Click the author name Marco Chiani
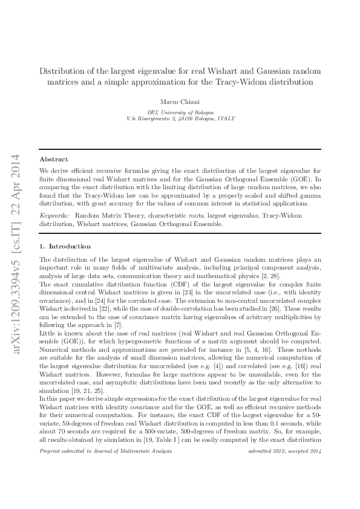point(180,101)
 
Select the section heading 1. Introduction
point(65,247)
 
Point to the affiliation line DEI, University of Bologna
point(180,112)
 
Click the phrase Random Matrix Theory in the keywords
point(103,216)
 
